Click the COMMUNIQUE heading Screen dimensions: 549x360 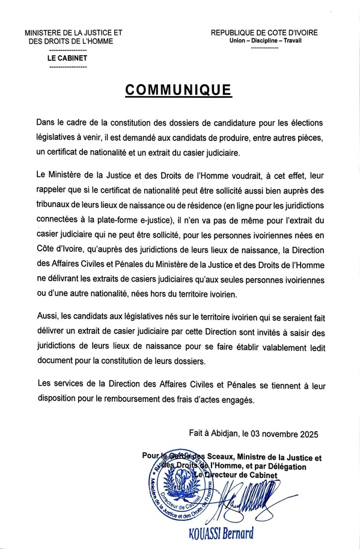point(178,89)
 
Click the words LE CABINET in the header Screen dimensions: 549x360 point(67,58)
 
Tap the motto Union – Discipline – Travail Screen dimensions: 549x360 point(265,41)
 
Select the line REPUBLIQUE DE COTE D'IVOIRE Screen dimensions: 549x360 point(264,32)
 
